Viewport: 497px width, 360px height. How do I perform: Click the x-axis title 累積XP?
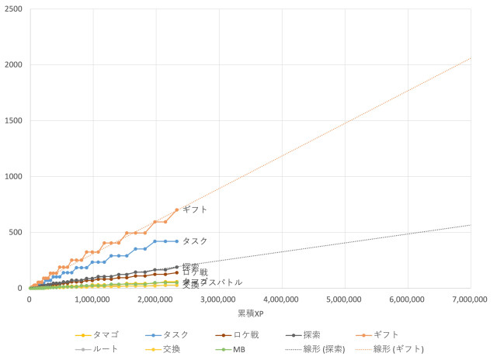coord(250,312)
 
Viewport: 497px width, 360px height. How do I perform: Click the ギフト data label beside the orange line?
coord(195,209)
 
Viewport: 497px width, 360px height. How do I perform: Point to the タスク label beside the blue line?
coord(195,241)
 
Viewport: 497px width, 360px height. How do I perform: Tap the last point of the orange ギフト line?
coord(177,209)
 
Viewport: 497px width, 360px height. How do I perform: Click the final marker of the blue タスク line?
coord(177,241)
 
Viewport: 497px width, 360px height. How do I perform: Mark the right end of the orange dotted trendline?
coord(471,58)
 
